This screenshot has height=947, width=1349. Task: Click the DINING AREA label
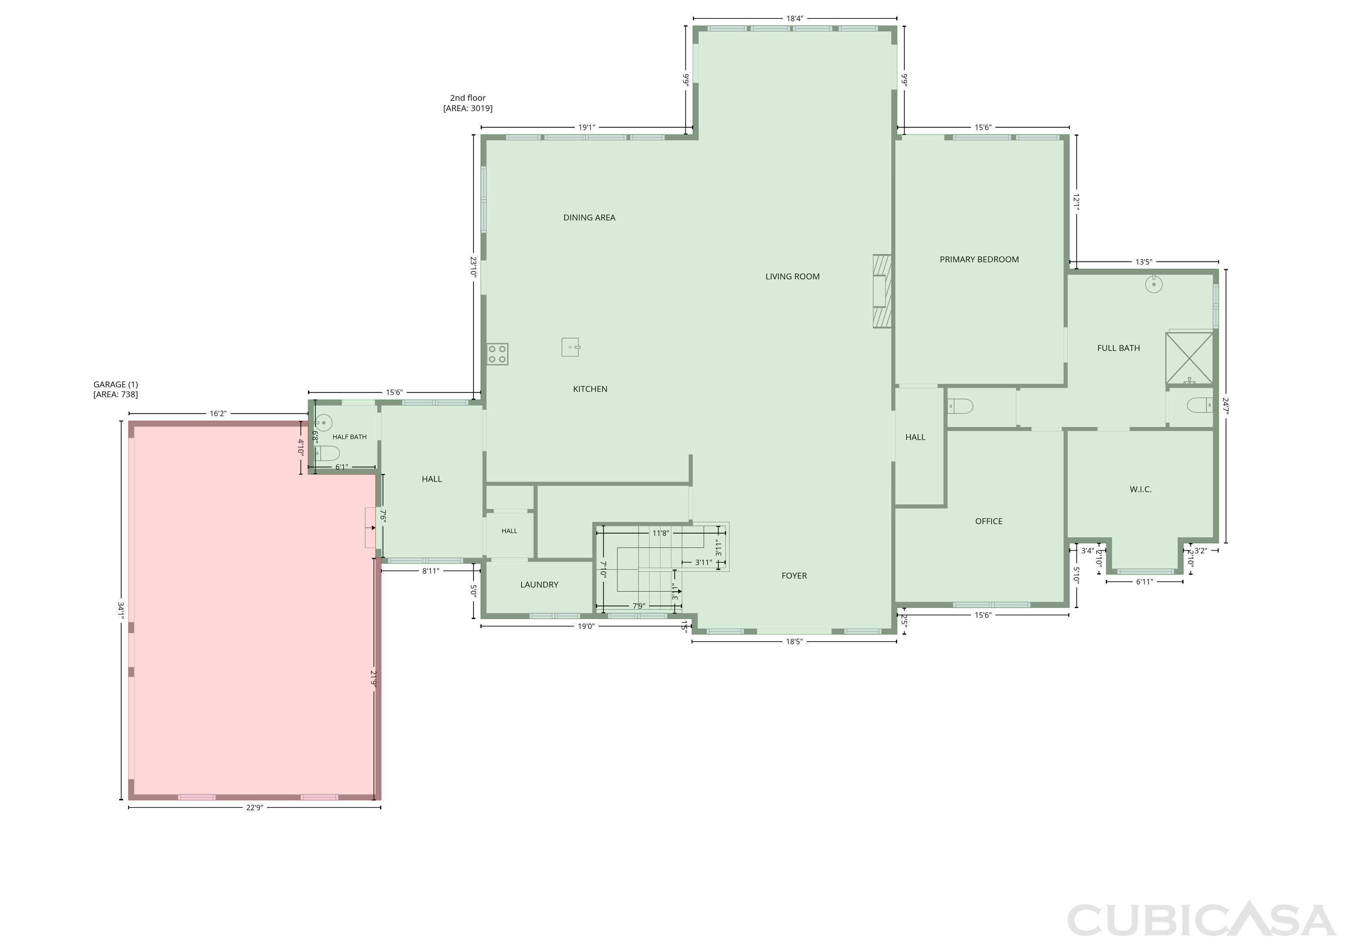tap(590, 217)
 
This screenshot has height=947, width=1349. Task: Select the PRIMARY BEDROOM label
tap(979, 259)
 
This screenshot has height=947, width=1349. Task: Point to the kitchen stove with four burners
tap(497, 354)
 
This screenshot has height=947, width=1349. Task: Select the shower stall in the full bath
tap(1189, 358)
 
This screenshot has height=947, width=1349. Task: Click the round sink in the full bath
tap(1154, 284)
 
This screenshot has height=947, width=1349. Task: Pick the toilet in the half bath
tap(328, 453)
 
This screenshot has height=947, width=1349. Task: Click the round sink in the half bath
tap(323, 422)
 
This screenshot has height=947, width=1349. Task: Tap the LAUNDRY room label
tap(539, 584)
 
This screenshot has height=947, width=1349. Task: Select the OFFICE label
tap(989, 521)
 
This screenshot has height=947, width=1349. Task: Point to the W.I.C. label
tap(1140, 489)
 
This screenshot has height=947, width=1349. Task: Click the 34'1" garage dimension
tap(121, 610)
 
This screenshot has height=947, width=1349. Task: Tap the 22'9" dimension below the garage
tap(255, 808)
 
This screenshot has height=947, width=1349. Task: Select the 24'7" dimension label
tap(1226, 406)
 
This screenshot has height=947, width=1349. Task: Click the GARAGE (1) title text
tap(116, 385)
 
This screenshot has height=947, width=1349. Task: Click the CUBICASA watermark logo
tap(1201, 920)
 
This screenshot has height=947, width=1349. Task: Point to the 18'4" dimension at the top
tap(795, 19)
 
